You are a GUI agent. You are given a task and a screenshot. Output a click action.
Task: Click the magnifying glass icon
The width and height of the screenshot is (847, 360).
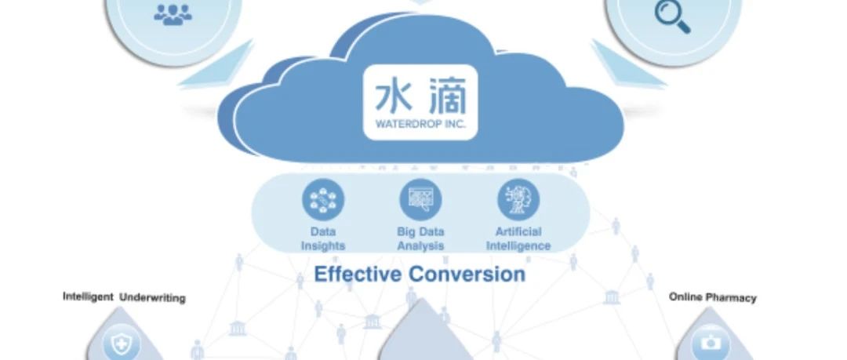point(673,16)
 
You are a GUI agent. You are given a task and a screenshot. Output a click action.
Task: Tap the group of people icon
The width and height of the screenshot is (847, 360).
point(173,15)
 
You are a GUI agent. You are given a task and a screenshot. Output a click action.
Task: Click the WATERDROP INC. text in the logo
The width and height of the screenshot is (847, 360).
point(420,124)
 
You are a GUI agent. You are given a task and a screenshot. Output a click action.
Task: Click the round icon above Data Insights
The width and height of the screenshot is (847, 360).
point(323,200)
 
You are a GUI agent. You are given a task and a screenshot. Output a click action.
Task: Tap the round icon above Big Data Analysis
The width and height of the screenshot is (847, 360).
point(420,200)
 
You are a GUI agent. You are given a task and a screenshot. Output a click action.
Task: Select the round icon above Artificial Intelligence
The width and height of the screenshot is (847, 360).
point(518,200)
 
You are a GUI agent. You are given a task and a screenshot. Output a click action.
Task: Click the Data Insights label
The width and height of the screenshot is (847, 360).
point(323,239)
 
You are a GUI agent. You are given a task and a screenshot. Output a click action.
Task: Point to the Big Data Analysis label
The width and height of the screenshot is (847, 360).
point(421,239)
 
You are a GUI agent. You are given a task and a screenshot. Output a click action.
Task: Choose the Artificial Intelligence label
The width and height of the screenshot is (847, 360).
point(518,239)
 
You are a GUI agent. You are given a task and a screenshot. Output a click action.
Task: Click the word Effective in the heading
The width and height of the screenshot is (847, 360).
point(358,274)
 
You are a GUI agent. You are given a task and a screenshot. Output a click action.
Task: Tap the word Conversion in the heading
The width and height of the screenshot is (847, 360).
point(467,274)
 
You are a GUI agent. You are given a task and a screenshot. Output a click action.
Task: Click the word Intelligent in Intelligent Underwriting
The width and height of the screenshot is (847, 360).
point(88,296)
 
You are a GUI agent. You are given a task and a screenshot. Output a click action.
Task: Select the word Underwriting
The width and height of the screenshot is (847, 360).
point(152,298)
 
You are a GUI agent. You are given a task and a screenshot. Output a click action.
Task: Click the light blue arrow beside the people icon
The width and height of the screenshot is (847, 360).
point(216,64)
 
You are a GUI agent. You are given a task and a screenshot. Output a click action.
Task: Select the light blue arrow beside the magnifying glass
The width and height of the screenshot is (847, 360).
point(628,64)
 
